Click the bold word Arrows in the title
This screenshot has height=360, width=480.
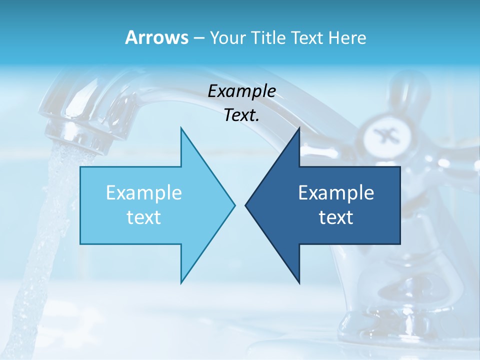coord(156,37)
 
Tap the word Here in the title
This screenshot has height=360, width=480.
coord(347,37)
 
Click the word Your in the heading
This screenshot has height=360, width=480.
coord(227,37)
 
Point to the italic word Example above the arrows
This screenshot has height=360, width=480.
coord(241,91)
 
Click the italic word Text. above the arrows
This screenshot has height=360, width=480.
coord(241,115)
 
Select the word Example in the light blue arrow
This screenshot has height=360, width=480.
coord(143,193)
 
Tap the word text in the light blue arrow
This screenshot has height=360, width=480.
coord(143,217)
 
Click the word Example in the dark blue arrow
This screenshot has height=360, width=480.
coord(336,193)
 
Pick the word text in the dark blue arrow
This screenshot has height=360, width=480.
coord(336,217)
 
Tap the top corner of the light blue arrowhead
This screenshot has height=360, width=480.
coord(181,128)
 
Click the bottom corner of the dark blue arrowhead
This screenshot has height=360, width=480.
coord(299,282)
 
